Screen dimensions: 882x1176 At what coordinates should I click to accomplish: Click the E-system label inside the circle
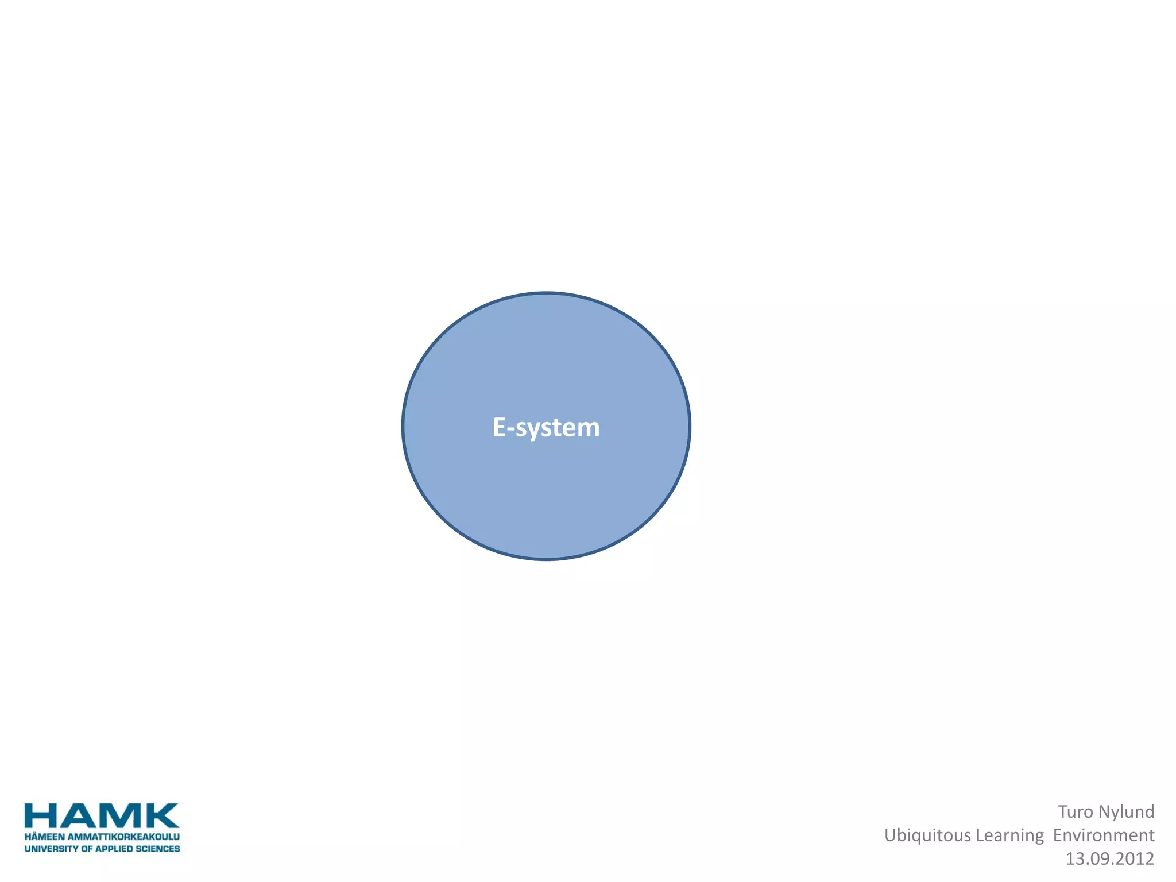[546, 428]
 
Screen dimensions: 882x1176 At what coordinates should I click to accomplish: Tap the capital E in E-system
[499, 428]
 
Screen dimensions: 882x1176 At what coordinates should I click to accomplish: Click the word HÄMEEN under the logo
[44, 837]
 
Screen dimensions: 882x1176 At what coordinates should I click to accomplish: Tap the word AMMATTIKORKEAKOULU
[124, 837]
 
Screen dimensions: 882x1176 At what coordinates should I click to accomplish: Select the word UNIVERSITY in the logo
[51, 849]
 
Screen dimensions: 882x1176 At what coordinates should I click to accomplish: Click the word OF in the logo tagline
[87, 849]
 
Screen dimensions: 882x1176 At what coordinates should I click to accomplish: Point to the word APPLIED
[114, 849]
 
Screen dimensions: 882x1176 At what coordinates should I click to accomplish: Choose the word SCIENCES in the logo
[158, 849]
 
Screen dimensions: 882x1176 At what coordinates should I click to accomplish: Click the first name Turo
[1076, 811]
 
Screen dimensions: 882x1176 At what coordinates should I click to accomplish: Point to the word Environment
[1104, 835]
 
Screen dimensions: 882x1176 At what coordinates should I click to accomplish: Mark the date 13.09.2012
[1110, 858]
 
